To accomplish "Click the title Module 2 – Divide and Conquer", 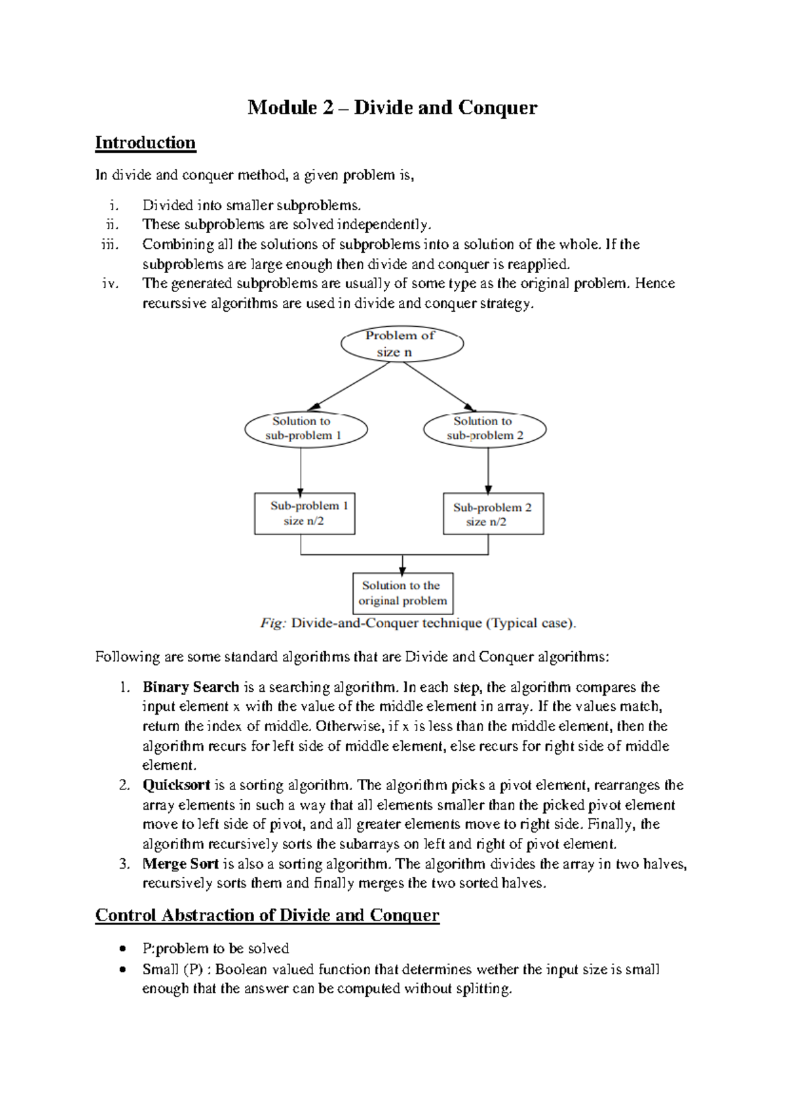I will click(x=392, y=107).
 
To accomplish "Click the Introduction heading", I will click(x=145, y=143).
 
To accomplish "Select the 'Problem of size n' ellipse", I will click(x=402, y=344).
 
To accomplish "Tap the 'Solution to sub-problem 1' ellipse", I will click(x=305, y=429).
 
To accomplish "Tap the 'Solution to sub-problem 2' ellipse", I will click(x=485, y=429).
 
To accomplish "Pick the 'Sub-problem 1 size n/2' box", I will click(x=305, y=514).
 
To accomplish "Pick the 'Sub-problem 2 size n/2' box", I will click(x=493, y=514).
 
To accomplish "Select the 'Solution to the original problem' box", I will click(x=403, y=593).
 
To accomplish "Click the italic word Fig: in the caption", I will click(x=273, y=623).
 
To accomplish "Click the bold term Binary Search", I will click(x=191, y=687).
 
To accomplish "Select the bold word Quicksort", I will click(x=176, y=785).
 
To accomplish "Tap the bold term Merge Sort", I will click(x=180, y=864).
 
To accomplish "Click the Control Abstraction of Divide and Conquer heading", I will click(x=267, y=915).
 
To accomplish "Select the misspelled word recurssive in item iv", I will click(x=174, y=304).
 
